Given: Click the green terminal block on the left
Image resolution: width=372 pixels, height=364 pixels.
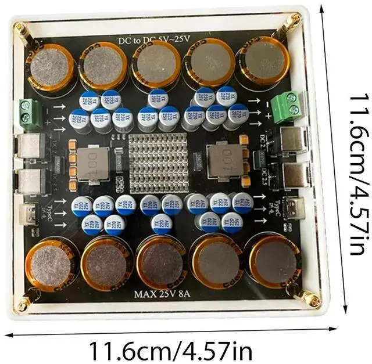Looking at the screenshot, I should point(27,113).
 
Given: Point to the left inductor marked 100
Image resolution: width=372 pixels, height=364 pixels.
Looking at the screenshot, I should point(91,163).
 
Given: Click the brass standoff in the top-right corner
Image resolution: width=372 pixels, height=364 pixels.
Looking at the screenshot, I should point(295,21).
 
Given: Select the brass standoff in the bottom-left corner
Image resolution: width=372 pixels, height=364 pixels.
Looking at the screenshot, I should point(23,302).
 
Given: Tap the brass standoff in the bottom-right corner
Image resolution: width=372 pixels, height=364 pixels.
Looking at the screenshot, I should point(312,300).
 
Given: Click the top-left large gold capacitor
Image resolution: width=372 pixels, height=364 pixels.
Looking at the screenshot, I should point(51,67).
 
